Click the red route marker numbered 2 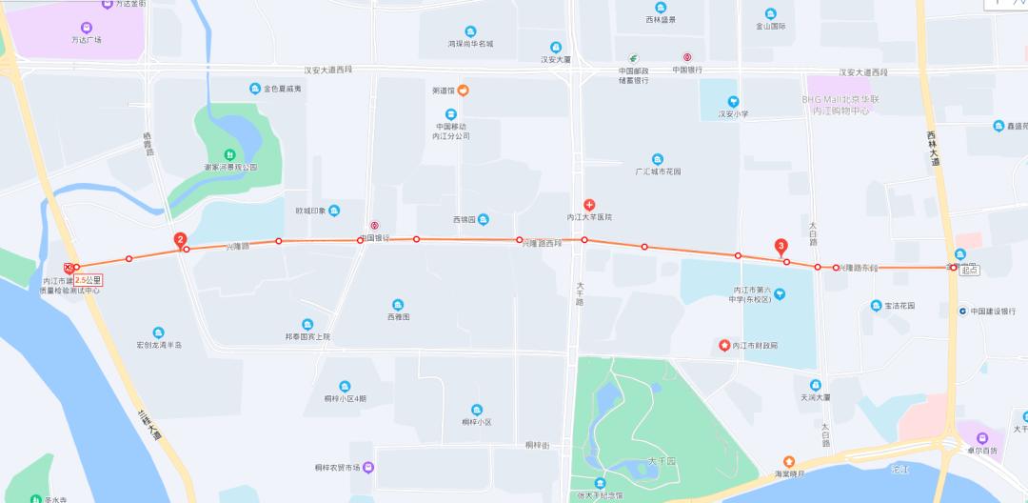(x=180, y=240)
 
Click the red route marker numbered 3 (x=781, y=245)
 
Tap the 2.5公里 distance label (x=88, y=280)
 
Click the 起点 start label (x=969, y=271)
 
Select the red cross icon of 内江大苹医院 (x=589, y=205)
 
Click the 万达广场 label (x=86, y=40)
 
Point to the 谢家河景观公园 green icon (x=229, y=154)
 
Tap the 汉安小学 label (x=733, y=114)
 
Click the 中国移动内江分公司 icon (x=451, y=114)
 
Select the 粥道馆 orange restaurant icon (x=463, y=91)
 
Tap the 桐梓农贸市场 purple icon (x=368, y=468)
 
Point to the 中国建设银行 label (x=994, y=311)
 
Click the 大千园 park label (x=661, y=460)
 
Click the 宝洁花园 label (x=899, y=306)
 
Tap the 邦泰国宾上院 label (x=307, y=336)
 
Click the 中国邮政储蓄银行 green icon (x=633, y=58)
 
